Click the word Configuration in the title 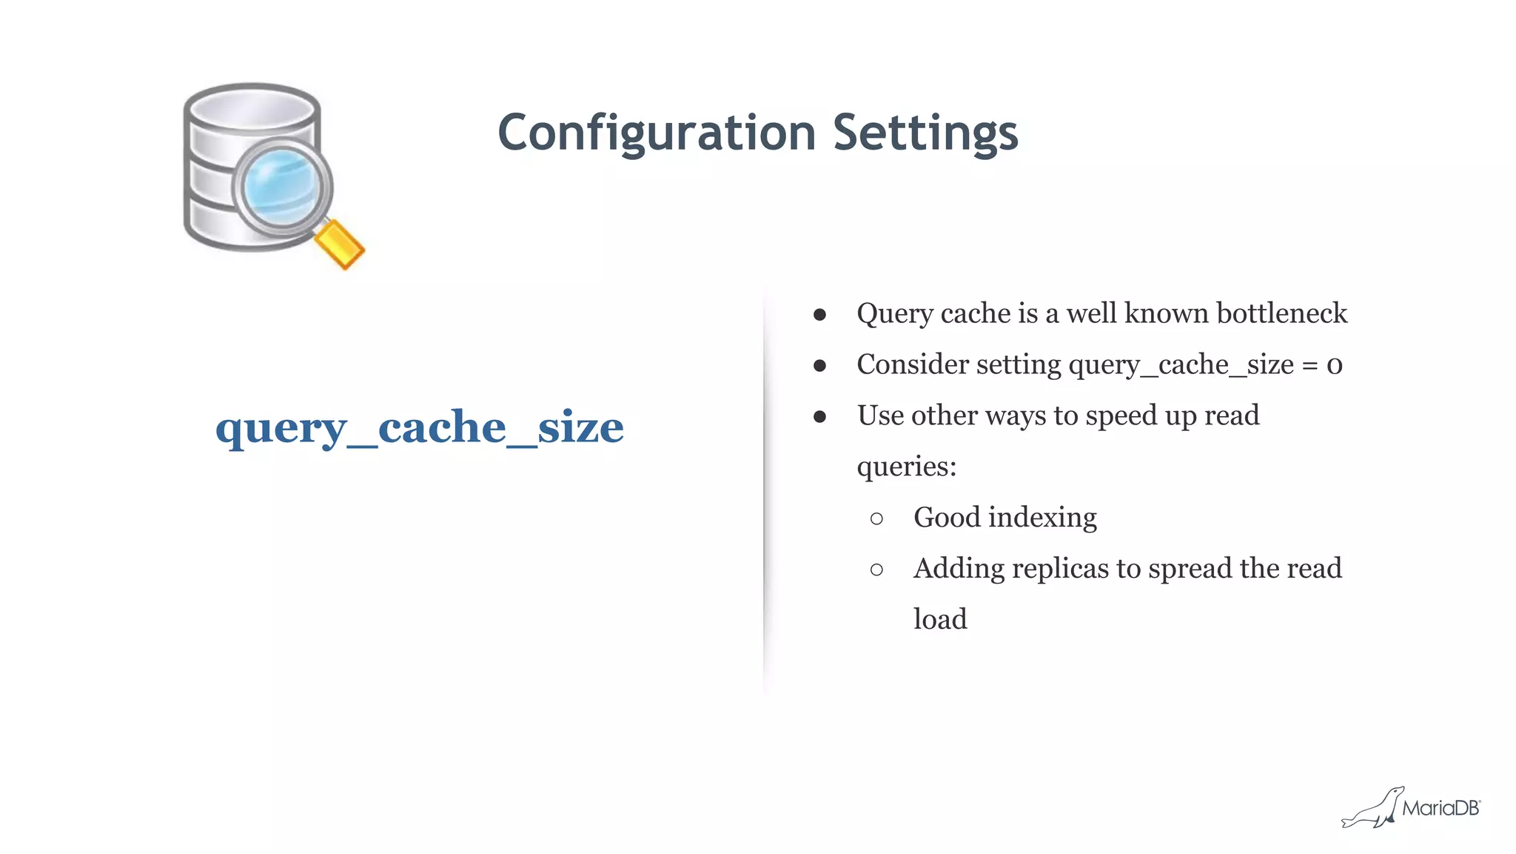[x=657, y=133]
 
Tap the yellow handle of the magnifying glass [x=339, y=244]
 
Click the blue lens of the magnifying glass [x=281, y=186]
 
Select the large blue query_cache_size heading [x=419, y=427]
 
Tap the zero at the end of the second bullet [x=1334, y=365]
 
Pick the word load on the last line [x=940, y=619]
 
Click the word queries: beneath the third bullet [x=906, y=467]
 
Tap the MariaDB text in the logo [x=1440, y=808]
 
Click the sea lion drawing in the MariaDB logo [x=1373, y=810]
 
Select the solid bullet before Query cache [x=819, y=315]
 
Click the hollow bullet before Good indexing [x=876, y=518]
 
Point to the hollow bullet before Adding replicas [x=876, y=570]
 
